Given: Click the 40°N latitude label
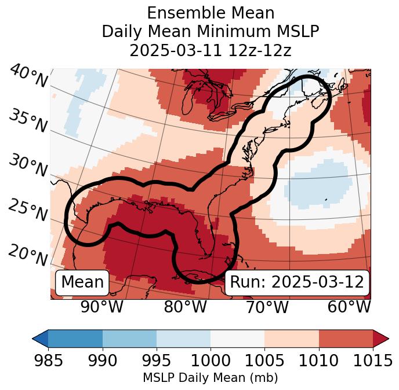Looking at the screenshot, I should click(28, 76).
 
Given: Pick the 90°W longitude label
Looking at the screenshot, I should click(102, 307).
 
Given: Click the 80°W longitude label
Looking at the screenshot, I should click(185, 307).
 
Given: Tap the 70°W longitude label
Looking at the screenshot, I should click(267, 307).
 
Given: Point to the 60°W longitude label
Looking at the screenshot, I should click(349, 307).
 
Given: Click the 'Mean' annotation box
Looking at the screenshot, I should click(82, 282).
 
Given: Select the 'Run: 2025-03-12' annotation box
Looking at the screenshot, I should click(297, 282).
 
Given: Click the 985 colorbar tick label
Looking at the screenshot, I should click(48, 361).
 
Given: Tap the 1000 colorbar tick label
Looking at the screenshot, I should click(211, 361).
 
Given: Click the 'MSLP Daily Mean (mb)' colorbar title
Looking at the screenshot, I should click(211, 378).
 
